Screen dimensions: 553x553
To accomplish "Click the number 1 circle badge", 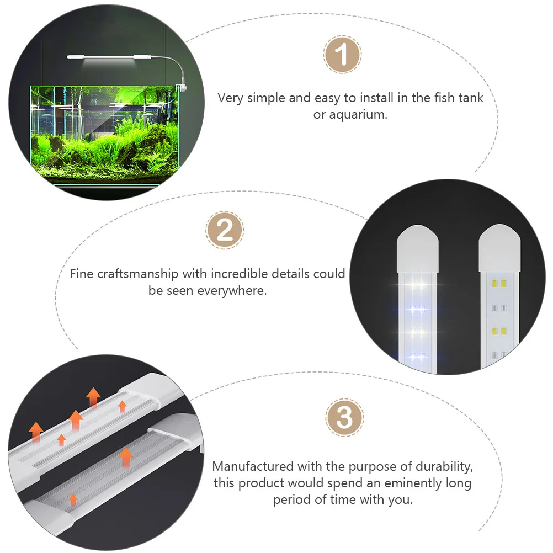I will [x=342, y=55].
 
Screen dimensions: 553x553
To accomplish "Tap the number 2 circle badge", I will [x=225, y=230].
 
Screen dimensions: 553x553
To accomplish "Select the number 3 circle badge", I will [x=345, y=418].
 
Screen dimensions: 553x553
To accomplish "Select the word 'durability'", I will [x=439, y=467].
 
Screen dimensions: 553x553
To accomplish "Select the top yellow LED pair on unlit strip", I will [x=499, y=283].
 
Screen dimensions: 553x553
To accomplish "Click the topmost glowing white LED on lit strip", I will [x=417, y=286].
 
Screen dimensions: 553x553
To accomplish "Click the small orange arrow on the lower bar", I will [x=73, y=500].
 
